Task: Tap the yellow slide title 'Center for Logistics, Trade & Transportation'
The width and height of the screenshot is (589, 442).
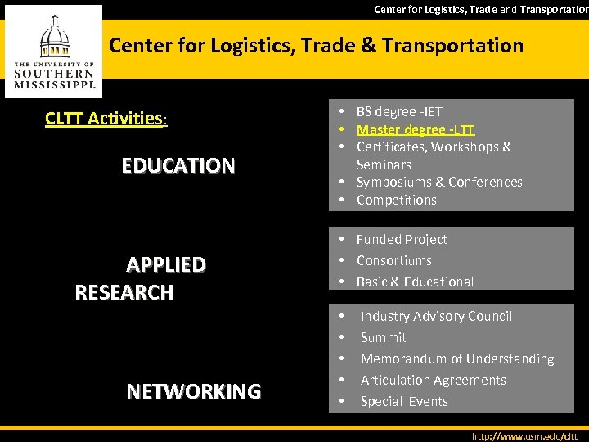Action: [x=316, y=45]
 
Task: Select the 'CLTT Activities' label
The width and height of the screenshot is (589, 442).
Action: [x=105, y=119]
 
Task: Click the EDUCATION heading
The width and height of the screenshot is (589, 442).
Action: [x=178, y=166]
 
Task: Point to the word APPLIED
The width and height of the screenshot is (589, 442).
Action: [x=165, y=264]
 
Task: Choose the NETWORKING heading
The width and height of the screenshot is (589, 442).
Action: [x=194, y=391]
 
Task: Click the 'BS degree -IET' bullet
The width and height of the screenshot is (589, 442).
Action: [x=399, y=111]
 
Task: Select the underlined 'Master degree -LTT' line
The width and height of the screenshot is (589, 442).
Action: [x=416, y=129]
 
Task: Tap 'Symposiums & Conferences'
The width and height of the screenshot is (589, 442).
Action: [x=439, y=182]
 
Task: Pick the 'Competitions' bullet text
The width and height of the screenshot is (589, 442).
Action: [x=397, y=200]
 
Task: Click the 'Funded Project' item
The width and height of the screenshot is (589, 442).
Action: [x=402, y=239]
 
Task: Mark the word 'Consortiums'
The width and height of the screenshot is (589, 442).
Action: [x=394, y=260]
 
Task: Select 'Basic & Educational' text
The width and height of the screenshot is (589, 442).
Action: [x=415, y=282]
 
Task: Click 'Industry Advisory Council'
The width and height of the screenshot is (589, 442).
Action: [x=436, y=316]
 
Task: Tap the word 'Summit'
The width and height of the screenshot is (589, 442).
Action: [x=383, y=337]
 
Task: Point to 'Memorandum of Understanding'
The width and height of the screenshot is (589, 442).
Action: [x=457, y=359]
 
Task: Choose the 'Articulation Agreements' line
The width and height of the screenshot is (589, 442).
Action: [x=434, y=380]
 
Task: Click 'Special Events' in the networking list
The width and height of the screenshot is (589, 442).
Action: [x=404, y=401]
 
